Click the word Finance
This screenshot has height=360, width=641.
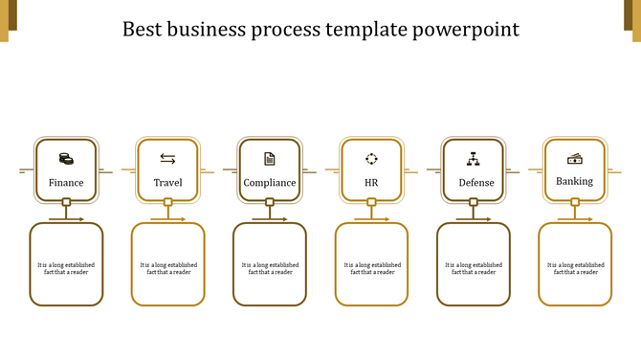66,182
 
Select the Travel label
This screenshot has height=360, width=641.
167,182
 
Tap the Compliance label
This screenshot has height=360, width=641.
270,182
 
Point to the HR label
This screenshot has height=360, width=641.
371,182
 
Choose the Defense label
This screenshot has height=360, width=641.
474,182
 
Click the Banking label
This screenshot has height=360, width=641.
575,180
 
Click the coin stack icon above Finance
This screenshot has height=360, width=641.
66,159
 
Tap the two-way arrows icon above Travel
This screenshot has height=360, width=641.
167,159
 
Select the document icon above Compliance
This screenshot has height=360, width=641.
270,159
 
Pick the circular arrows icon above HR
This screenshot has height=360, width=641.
371,159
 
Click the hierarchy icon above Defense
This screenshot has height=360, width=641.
474,159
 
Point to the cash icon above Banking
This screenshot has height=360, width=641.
575,158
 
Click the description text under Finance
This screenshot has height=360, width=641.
66,268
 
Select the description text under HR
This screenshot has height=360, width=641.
371,268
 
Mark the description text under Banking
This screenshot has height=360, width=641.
575,268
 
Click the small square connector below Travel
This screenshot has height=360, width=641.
167,202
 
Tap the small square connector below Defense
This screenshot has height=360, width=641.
474,202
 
